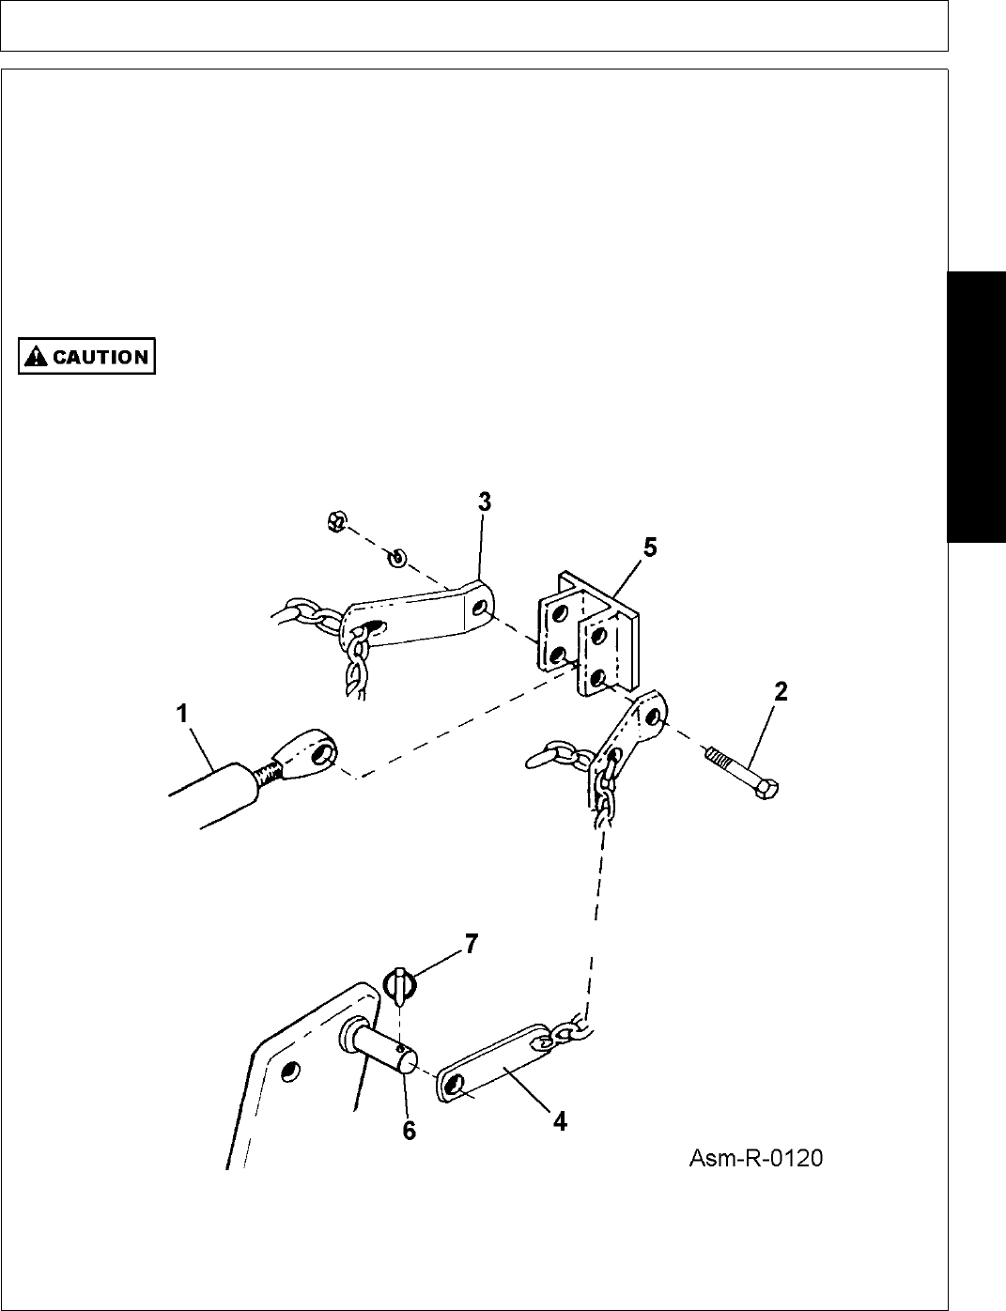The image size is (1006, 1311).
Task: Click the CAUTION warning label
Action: [86, 357]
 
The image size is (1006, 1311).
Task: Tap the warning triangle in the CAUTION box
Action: [37, 357]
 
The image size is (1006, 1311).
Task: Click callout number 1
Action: [183, 715]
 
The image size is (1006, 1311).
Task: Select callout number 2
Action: [780, 693]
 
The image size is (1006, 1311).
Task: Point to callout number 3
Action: [483, 502]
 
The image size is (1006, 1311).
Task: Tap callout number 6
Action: [409, 1132]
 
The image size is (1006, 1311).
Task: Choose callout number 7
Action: [470, 943]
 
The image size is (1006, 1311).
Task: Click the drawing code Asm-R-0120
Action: [756, 1159]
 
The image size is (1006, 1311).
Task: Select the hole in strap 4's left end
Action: [454, 1087]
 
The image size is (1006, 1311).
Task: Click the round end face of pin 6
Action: [407, 1064]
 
